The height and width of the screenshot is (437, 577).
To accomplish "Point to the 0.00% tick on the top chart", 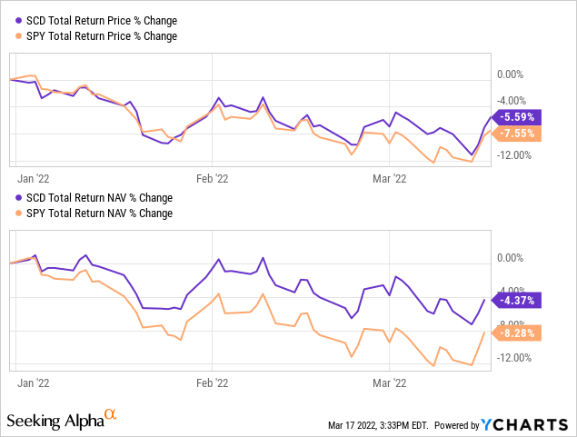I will pos(512,74).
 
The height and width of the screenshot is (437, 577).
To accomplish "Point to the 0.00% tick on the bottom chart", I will pos(512,258).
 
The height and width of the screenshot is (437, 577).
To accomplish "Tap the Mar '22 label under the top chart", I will pos(389,179).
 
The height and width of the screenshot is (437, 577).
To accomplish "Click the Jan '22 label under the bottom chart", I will pos(33,383).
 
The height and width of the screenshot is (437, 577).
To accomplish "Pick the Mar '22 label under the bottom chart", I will pos(389,383).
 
